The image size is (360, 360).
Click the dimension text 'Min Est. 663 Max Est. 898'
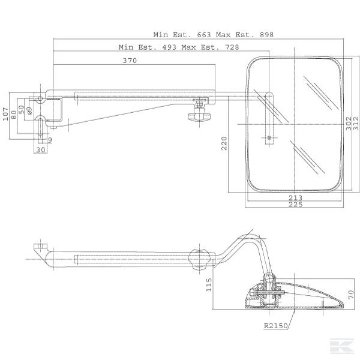click(213, 35)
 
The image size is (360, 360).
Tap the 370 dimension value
click(130, 61)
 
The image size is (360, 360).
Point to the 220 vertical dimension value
click(224, 143)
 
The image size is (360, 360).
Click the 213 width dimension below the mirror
click(295, 197)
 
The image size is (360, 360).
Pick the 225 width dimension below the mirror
click(295, 205)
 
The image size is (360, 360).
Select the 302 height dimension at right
click(349, 124)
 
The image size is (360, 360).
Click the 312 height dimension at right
click(356, 124)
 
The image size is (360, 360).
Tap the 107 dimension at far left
click(6, 114)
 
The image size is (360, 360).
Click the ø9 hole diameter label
click(29, 110)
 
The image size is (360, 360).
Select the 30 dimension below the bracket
click(40, 150)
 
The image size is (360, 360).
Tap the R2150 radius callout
click(275, 326)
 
